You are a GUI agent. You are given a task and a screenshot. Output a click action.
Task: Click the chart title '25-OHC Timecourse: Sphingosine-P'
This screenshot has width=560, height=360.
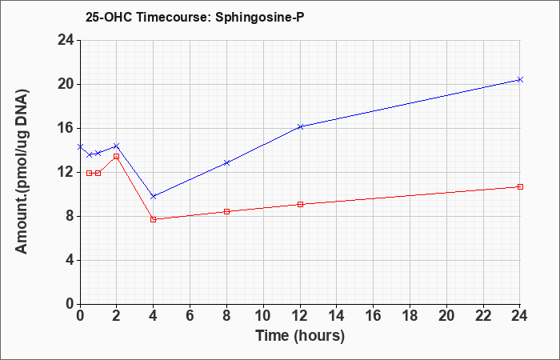[x=195, y=17]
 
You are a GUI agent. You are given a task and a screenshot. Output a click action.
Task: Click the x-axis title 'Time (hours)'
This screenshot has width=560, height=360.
[x=300, y=336]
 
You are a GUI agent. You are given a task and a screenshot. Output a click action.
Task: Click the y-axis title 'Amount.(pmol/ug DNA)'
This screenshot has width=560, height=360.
[x=22, y=171]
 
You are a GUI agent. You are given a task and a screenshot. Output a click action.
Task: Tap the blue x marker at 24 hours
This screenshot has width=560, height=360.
[x=520, y=80]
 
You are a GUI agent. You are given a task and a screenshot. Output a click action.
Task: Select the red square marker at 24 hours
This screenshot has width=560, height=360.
[x=520, y=186]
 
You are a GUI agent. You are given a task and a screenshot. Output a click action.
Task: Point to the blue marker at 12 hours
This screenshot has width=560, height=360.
[x=300, y=126]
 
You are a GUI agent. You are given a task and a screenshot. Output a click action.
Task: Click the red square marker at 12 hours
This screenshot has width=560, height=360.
[x=300, y=204]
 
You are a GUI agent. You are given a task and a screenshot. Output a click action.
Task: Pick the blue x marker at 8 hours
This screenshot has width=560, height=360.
[x=226, y=163]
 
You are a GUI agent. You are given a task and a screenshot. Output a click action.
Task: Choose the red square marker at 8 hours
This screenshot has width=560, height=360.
[x=226, y=211]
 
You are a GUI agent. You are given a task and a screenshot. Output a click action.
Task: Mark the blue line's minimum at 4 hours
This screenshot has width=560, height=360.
[x=154, y=197]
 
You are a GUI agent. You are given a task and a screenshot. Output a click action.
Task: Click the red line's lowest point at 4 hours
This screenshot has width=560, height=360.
[x=154, y=219]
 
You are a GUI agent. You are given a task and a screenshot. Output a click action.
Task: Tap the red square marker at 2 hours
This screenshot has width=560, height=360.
[x=117, y=157]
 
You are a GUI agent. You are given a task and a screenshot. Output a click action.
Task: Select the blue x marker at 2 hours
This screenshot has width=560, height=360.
[x=117, y=146]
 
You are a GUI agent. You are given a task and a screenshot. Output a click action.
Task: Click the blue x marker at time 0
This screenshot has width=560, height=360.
[x=80, y=146]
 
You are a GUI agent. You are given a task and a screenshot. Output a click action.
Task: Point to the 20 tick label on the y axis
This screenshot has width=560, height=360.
[x=66, y=85]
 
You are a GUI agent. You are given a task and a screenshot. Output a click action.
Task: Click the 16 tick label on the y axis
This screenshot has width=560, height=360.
[x=66, y=129]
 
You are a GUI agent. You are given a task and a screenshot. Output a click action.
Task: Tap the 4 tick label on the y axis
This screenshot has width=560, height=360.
[x=70, y=260]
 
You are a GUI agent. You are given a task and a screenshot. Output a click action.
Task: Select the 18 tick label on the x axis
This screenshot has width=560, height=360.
[x=410, y=316]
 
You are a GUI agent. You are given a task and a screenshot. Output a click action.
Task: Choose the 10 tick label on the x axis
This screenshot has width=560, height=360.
[x=263, y=316]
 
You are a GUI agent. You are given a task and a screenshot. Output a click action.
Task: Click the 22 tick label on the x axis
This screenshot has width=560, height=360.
[x=483, y=316]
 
